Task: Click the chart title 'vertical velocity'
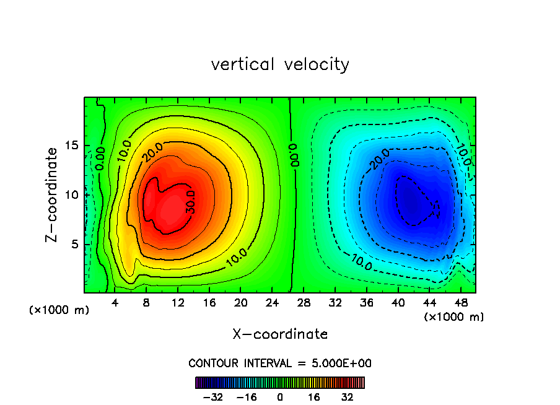[280, 64]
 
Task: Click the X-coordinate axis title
[280, 334]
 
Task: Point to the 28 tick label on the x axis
[304, 303]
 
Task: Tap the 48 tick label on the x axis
[460, 303]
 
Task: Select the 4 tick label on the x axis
[115, 303]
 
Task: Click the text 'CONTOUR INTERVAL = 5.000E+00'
[280, 363]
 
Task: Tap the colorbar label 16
[314, 398]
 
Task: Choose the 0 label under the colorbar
[280, 398]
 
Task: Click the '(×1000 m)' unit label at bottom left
[59, 310]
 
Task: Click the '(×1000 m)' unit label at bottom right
[454, 317]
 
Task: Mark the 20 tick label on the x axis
[240, 303]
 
